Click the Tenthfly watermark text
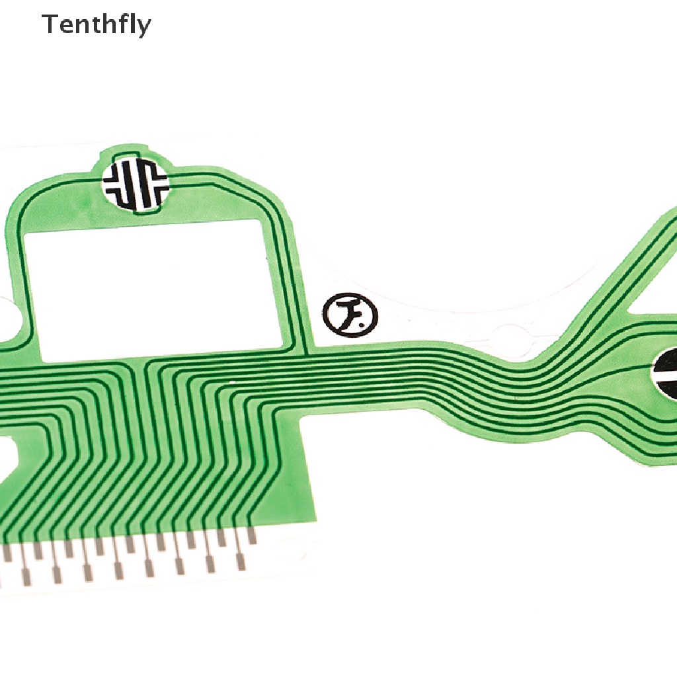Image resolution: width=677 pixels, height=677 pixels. (97, 25)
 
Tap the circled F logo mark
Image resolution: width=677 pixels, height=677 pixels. (350, 314)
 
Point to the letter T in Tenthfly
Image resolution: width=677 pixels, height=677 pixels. (50, 24)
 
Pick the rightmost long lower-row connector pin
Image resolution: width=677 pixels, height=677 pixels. (241, 562)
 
